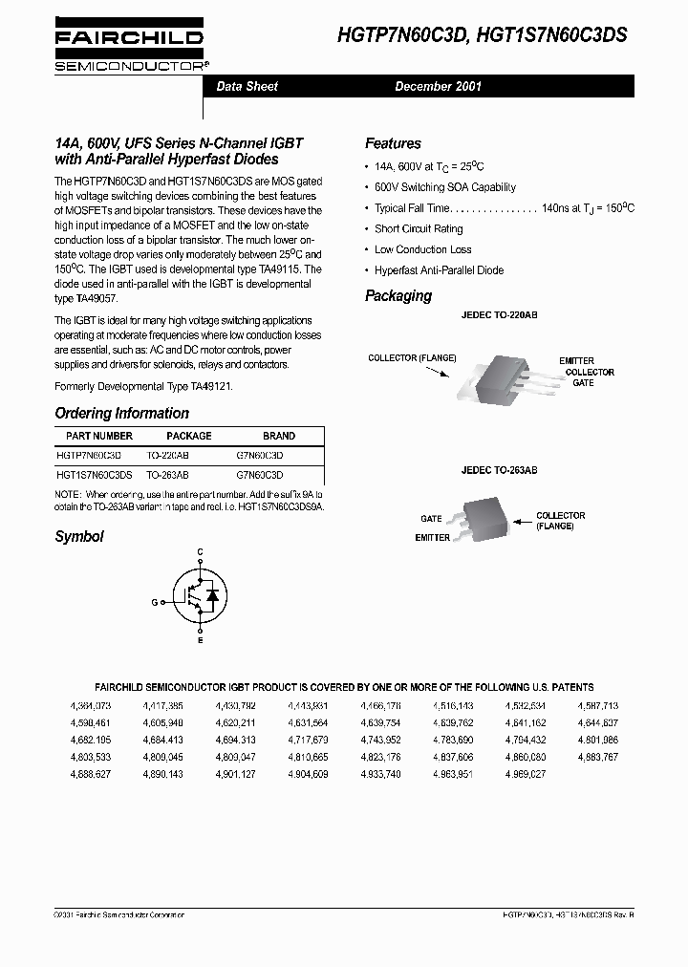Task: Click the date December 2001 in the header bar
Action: click(x=439, y=86)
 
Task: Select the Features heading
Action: click(x=393, y=143)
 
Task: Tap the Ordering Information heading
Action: click(x=121, y=414)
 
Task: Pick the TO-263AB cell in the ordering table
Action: click(x=167, y=474)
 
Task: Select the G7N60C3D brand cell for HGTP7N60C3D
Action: click(x=260, y=456)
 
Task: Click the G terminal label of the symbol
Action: click(x=154, y=603)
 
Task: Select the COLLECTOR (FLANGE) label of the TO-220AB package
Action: click(x=412, y=358)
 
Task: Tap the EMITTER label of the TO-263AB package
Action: click(x=432, y=538)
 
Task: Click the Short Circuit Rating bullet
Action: click(x=418, y=229)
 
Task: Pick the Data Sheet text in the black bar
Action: click(x=247, y=86)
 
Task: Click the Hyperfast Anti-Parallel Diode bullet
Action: click(x=438, y=270)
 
